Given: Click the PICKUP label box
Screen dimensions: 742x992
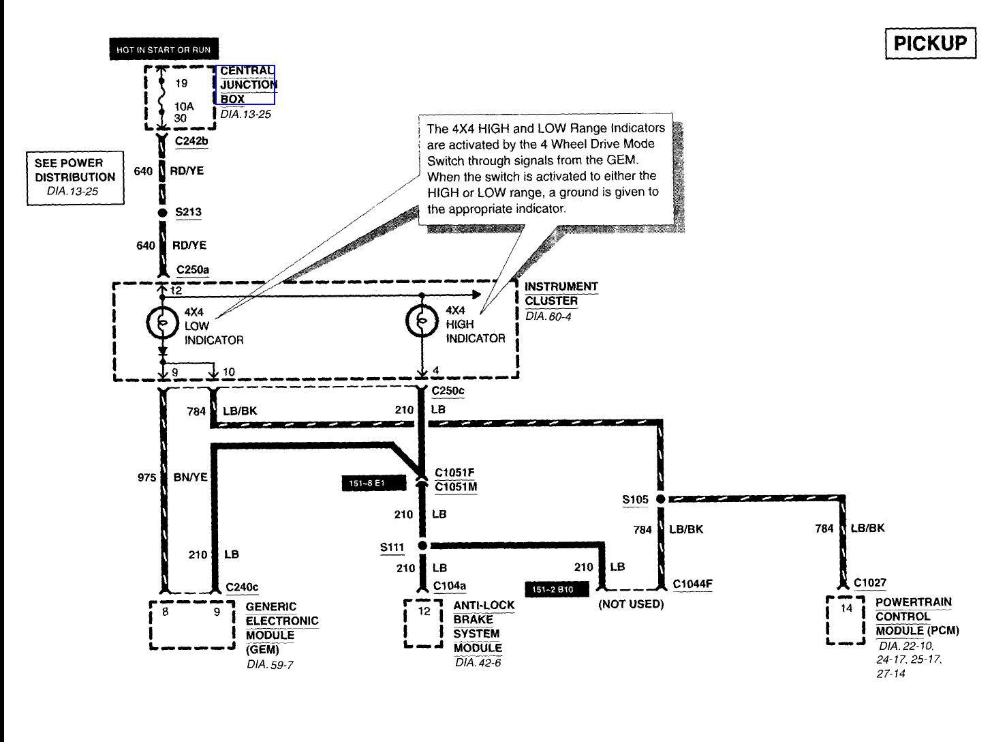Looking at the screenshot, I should coord(929,44).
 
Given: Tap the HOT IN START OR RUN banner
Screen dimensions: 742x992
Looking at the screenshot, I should coord(164,50).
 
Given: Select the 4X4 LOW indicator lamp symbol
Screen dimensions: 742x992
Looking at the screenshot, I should coord(162,323).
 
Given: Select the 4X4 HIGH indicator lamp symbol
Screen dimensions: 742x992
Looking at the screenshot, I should coord(422,322).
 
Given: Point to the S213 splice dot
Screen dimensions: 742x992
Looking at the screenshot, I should coord(162,213).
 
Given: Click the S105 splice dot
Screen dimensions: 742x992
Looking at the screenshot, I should coord(660,499).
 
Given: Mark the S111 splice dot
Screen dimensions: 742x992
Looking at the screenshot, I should coord(422,546).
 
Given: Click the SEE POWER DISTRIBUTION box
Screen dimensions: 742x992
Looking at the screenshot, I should coord(76,177).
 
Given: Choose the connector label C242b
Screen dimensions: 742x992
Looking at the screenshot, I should coord(191,141).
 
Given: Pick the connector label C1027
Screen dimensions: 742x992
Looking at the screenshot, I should coord(870,583).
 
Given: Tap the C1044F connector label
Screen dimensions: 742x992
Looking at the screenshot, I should coord(692,584).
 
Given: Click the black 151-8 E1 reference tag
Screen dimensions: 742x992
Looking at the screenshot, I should coord(373,484).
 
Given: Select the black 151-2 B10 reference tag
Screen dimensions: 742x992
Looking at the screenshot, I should coord(556,589).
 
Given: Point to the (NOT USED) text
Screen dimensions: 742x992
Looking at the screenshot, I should coord(631,604).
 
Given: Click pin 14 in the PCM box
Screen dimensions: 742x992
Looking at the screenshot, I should coord(846,608).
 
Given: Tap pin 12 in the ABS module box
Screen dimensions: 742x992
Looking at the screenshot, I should coord(424,611).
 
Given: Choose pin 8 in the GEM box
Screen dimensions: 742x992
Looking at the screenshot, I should coord(166,612).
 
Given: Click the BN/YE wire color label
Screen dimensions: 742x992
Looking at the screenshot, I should coord(190,477).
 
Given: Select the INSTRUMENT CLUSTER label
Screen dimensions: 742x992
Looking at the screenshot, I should coord(561,294).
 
